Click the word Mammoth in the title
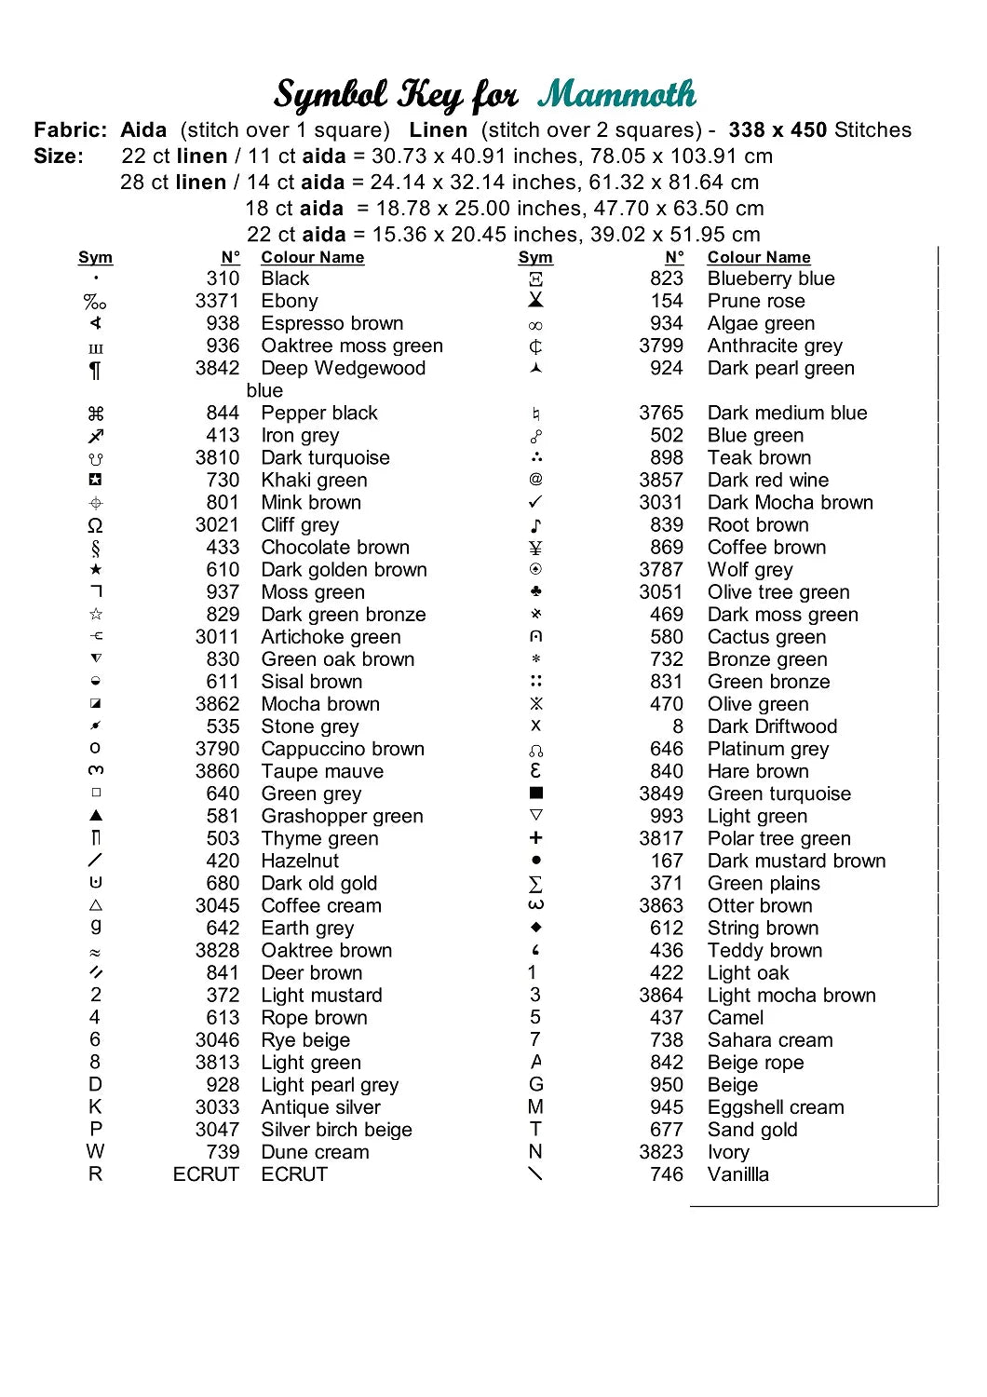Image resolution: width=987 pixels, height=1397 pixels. coord(617,94)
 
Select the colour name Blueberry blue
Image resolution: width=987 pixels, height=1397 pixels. coord(770,278)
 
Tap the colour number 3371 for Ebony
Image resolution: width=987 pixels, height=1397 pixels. coord(217,301)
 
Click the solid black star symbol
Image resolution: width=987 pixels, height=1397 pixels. coord(96,569)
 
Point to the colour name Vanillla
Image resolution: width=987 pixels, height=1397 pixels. coord(737,1174)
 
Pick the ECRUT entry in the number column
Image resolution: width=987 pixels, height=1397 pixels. coord(206,1174)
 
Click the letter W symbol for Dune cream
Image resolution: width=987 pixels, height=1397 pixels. coord(96,1152)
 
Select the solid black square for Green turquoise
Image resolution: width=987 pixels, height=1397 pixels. coord(535,793)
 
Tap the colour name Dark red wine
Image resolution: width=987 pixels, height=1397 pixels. coord(767,481)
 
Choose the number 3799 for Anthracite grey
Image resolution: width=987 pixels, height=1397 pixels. coord(661,346)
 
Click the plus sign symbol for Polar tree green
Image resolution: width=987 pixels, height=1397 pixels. coord(535,838)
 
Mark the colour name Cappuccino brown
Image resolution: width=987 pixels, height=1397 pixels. coord(343,749)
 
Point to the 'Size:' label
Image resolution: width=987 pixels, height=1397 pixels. coord(59,156)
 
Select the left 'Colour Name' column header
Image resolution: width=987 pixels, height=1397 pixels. coord(312,257)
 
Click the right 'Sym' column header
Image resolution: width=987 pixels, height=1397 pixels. coord(535,257)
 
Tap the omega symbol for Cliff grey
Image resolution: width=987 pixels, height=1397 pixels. coord(96,525)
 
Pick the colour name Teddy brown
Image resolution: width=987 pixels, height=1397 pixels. coord(764,950)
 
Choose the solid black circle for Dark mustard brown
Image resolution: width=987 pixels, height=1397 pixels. coord(535,861)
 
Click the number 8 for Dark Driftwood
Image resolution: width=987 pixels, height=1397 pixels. coord(677,726)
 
